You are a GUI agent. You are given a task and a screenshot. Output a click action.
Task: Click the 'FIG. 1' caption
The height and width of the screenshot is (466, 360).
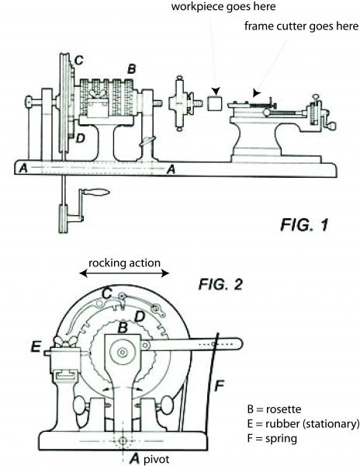304,224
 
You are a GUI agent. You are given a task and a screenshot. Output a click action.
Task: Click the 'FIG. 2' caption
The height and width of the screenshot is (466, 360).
220,284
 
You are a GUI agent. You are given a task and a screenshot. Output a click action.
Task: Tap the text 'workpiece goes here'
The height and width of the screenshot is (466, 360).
223,6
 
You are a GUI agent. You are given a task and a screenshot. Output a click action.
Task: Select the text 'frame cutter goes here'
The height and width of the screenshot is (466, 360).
301,26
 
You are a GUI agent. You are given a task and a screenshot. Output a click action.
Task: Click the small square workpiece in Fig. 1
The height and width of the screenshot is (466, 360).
215,103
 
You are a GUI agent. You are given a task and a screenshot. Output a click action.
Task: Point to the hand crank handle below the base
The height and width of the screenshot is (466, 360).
96,193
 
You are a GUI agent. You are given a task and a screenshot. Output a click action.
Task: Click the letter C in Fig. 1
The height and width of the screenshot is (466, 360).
79,61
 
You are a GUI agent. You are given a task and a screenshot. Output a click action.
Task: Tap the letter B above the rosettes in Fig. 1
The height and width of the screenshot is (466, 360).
131,69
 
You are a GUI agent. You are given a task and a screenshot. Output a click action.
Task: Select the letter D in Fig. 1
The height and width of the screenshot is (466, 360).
81,138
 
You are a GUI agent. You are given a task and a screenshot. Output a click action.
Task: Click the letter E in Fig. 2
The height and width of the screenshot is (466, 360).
36,346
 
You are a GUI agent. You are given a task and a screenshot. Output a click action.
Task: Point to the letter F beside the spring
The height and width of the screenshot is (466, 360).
219,386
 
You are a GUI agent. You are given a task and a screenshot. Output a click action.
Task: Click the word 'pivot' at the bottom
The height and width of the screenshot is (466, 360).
157,459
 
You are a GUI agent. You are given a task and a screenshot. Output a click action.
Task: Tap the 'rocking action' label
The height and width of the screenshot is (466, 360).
124,263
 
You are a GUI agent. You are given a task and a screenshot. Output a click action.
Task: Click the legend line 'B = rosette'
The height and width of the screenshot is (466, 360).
274,409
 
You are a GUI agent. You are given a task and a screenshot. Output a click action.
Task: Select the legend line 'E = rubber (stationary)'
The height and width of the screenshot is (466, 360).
303,424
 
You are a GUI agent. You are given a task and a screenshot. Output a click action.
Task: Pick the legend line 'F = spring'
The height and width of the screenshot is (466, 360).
272,439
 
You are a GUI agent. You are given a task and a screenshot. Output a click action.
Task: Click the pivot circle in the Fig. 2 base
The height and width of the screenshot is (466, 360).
123,440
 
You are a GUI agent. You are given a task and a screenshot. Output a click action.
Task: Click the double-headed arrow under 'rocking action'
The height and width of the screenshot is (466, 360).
124,273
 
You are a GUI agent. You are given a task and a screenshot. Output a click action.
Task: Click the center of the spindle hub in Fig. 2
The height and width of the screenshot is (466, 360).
122,353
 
